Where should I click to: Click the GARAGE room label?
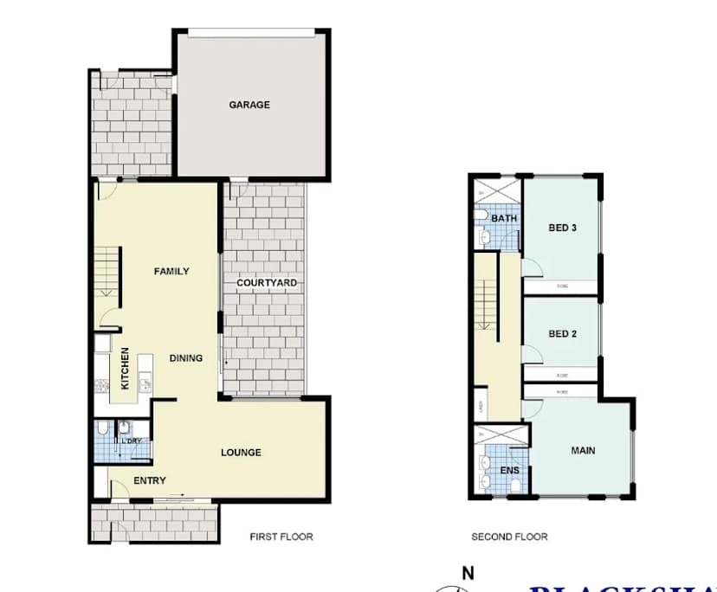pyautogui.click(x=249, y=105)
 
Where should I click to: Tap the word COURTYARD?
pyautogui.click(x=267, y=283)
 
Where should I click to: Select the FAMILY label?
pyautogui.click(x=171, y=271)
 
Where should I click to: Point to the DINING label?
pyautogui.click(x=185, y=357)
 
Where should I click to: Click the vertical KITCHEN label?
pyautogui.click(x=125, y=369)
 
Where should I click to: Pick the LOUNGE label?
pyautogui.click(x=241, y=452)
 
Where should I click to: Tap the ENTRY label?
pyautogui.click(x=150, y=481)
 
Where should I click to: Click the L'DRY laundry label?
pyautogui.click(x=132, y=442)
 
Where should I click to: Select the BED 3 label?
pyautogui.click(x=562, y=228)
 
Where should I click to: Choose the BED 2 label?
pyautogui.click(x=562, y=334)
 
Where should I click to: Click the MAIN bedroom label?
pyautogui.click(x=582, y=450)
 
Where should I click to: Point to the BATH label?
pyautogui.click(x=504, y=218)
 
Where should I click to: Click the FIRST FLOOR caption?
pyautogui.click(x=281, y=537)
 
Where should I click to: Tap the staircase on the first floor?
pyautogui.click(x=107, y=271)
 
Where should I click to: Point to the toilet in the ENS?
pyautogui.click(x=516, y=486)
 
